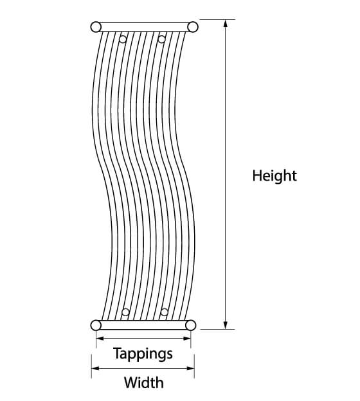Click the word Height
(x=274, y=176)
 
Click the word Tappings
(x=143, y=354)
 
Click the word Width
(x=144, y=382)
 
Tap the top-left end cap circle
(x=96, y=27)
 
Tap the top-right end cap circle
(x=193, y=27)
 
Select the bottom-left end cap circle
(x=96, y=325)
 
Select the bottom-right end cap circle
(x=191, y=325)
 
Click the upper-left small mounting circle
(x=123, y=39)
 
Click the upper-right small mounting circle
(x=161, y=39)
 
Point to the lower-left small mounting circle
(x=125, y=312)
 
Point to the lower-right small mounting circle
(x=165, y=312)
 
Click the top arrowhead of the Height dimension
(x=226, y=24)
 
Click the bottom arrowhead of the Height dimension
(x=226, y=325)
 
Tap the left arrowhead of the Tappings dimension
(x=100, y=338)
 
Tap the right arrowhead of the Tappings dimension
(x=187, y=338)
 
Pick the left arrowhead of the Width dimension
(x=95, y=368)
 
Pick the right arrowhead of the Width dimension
(x=191, y=368)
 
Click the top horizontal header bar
(x=144, y=27)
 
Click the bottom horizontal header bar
(x=143, y=325)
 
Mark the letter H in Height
(x=256, y=175)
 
